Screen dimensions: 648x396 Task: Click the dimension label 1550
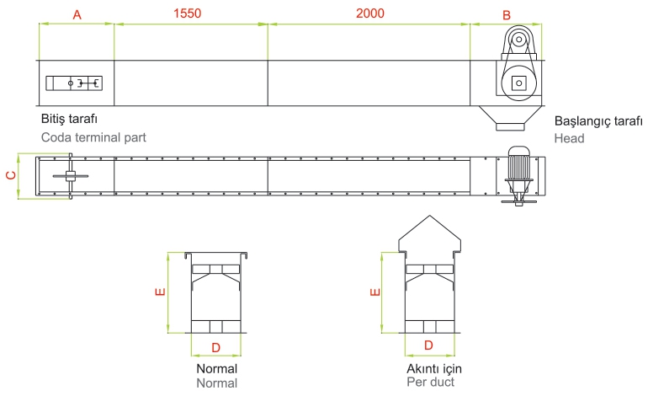coord(187,13)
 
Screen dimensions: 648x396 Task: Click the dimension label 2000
coord(370,13)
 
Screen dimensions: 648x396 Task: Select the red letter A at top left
coord(77,15)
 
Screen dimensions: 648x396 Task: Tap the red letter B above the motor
coord(507,15)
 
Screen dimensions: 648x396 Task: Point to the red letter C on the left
coord(11,175)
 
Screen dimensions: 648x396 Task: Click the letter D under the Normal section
coord(215,348)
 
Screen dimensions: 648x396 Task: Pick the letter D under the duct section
coord(428,345)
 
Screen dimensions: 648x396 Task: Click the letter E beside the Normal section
coord(160,292)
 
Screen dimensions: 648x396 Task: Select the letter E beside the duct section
coord(374,292)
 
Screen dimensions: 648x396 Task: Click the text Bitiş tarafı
coord(69,119)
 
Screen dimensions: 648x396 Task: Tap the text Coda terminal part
coord(93,137)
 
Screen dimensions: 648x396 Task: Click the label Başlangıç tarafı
coord(598,121)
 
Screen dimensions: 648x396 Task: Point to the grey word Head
coord(569,138)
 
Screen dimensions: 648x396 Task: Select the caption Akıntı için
coord(434,369)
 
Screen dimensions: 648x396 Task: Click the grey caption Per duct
coord(430,382)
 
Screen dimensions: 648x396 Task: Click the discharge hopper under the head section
coord(510,118)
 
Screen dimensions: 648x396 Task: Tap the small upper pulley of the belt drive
coord(518,40)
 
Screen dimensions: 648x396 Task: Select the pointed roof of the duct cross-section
coord(430,233)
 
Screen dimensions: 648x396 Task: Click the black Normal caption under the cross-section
coord(216,369)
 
